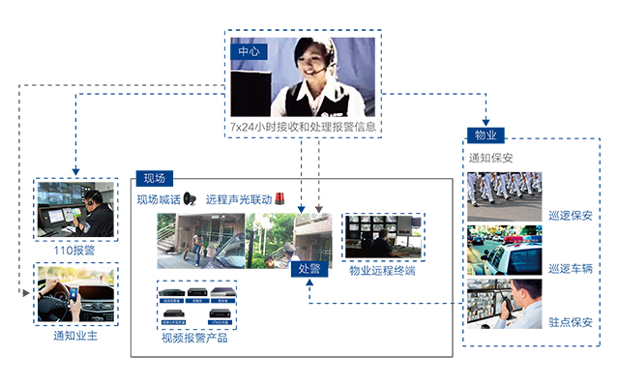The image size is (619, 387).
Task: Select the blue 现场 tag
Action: point(154,178)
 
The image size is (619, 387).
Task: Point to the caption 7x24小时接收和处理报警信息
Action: point(303,127)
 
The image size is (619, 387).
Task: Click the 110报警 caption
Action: point(74,250)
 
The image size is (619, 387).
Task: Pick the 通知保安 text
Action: point(490,158)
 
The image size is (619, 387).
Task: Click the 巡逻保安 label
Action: point(569,215)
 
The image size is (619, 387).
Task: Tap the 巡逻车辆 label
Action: point(569,268)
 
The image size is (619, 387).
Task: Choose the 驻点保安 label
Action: point(569,321)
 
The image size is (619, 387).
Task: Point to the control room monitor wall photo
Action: point(382,237)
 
